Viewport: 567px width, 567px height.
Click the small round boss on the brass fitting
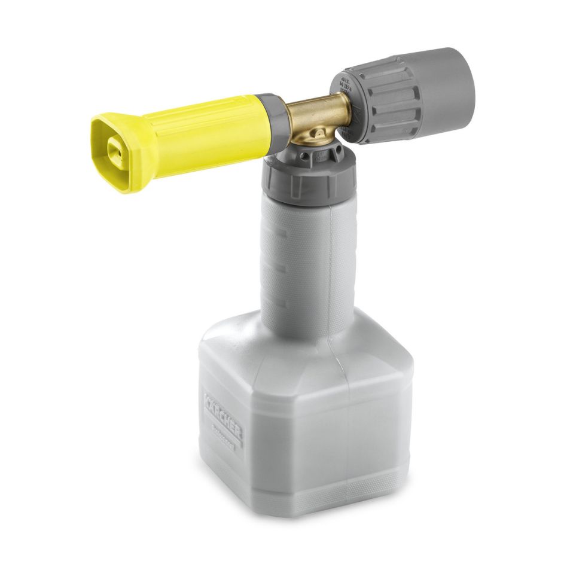click(x=300, y=140)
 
